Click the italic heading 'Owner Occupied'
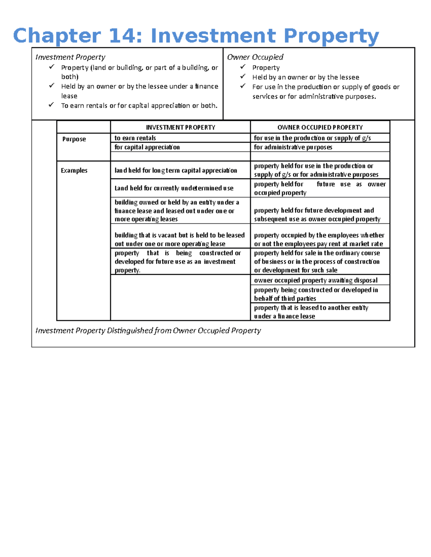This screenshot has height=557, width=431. point(255,57)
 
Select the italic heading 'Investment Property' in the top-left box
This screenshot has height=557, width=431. point(70,57)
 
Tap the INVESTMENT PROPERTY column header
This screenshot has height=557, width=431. point(180,127)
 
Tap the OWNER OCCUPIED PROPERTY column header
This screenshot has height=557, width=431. point(320,127)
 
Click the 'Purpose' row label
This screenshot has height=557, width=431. point(74,139)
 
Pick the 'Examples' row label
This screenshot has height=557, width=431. point(74,170)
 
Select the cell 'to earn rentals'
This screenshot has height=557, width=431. point(135,138)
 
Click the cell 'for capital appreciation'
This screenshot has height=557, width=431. point(147,147)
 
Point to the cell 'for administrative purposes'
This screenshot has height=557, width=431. point(293,147)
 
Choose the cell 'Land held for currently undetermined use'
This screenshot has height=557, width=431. point(174,188)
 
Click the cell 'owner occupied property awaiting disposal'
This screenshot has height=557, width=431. point(316,280)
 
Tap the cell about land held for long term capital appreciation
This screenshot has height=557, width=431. point(176,170)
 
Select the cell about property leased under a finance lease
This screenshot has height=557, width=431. point(311,312)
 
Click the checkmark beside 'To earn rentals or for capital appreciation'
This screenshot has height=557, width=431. point(52,105)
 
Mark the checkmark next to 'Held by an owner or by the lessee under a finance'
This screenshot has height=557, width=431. point(52,85)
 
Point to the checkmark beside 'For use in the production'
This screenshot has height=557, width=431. point(243,86)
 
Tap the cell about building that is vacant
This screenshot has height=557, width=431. point(180,240)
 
